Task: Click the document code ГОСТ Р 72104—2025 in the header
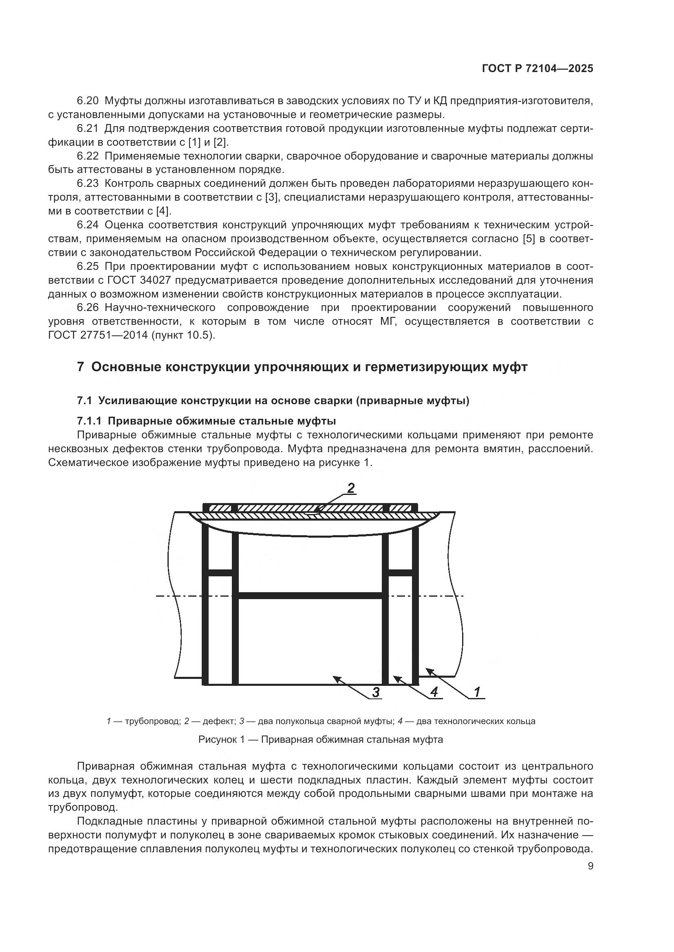[x=537, y=69]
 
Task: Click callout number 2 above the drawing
[x=351, y=488]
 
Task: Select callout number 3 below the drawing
[x=376, y=692]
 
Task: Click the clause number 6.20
[x=88, y=101]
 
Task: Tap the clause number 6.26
[x=88, y=308]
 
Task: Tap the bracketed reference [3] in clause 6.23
[x=271, y=197]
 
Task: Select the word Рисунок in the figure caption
[x=218, y=740]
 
